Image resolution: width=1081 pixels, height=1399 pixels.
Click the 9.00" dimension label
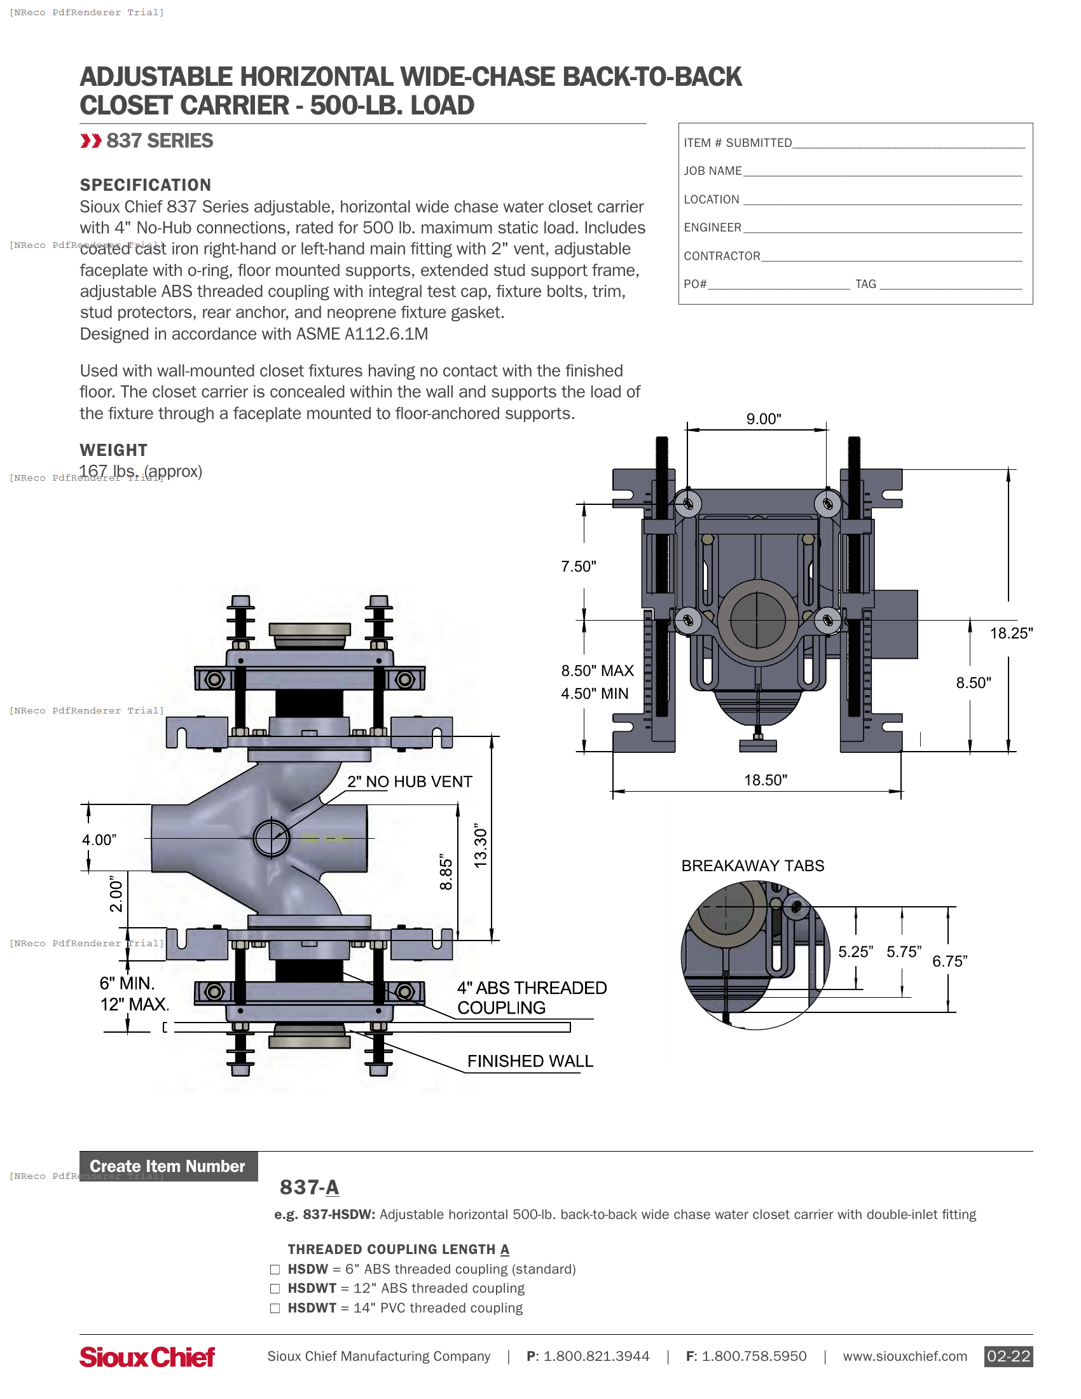pos(763,419)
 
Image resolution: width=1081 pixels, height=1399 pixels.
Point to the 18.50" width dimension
pos(765,780)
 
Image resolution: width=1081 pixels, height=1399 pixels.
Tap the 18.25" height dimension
pos(1010,633)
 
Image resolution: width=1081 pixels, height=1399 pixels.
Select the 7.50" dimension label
pos(578,566)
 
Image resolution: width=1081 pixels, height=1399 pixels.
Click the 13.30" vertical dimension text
pos(480,846)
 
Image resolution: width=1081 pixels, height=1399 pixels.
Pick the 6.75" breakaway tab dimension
pos(949,961)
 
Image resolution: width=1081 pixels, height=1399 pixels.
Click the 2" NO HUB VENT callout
pos(410,782)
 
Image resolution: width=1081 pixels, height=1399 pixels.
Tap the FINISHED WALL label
pos(530,1061)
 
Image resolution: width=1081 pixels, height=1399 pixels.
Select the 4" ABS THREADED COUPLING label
pos(531,997)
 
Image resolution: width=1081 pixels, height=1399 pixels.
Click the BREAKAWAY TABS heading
pos(752,865)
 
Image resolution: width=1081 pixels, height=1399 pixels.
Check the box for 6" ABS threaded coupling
pos(275,1269)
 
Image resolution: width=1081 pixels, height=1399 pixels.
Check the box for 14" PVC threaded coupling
pos(275,1308)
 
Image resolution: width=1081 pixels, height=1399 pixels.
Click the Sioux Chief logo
pos(147,1356)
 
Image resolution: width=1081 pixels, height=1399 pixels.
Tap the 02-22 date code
pos(1008,1356)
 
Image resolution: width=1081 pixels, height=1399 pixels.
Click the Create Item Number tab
pos(168,1166)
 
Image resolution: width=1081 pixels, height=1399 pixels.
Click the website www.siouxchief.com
pos(904,1356)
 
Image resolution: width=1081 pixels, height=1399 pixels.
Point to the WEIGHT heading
pos(113,450)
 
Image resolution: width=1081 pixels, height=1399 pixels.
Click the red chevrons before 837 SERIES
pos(91,141)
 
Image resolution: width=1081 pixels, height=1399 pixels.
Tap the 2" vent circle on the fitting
pos(271,837)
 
